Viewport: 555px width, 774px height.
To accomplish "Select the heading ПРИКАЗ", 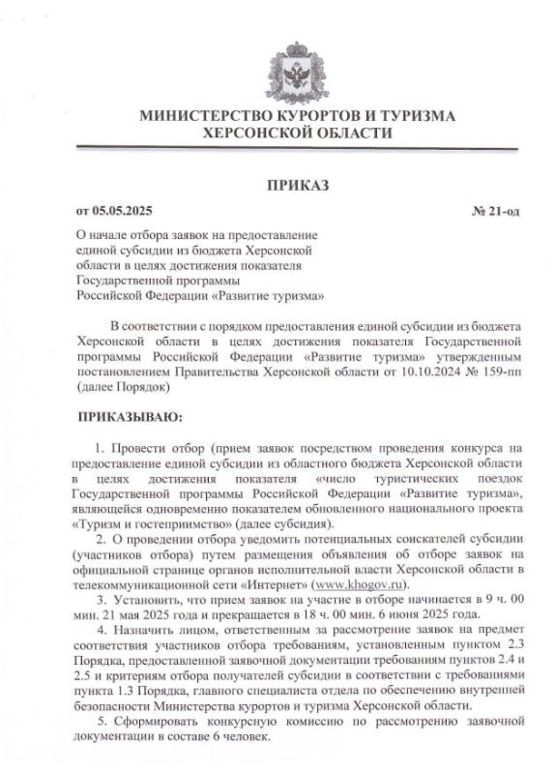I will pyautogui.click(x=297, y=184).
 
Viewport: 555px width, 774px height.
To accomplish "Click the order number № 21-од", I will pyautogui.click(x=494, y=210).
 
